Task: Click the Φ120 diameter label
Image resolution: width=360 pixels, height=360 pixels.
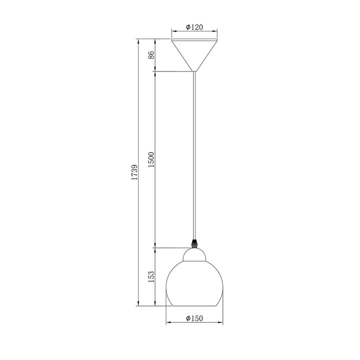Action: (x=194, y=27)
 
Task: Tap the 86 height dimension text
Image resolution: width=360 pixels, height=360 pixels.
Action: (x=151, y=55)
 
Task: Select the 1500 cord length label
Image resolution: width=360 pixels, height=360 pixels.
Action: (x=151, y=159)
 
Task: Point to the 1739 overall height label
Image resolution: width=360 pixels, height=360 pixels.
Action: (x=134, y=172)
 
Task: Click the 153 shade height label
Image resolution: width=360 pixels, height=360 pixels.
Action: (x=151, y=276)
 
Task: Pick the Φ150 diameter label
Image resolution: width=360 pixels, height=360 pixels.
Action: (x=194, y=318)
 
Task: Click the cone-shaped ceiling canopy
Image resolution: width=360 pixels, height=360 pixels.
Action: (x=194, y=55)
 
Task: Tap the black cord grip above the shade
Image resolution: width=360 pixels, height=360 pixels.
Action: (x=194, y=244)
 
